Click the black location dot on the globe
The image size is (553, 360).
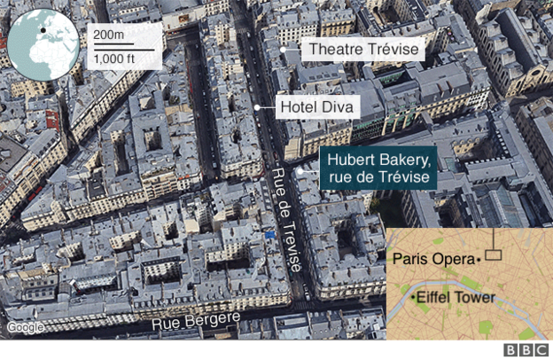pyautogui.click(x=41, y=32)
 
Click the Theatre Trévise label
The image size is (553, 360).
pyautogui.click(x=362, y=50)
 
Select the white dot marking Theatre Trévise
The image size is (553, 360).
pyautogui.click(x=284, y=51)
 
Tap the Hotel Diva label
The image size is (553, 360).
pyautogui.click(x=317, y=108)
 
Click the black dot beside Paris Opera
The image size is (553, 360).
pyautogui.click(x=479, y=259)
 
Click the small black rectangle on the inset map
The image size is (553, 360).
pyautogui.click(x=493, y=255)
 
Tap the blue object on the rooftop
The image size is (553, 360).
pyautogui.click(x=269, y=236)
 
